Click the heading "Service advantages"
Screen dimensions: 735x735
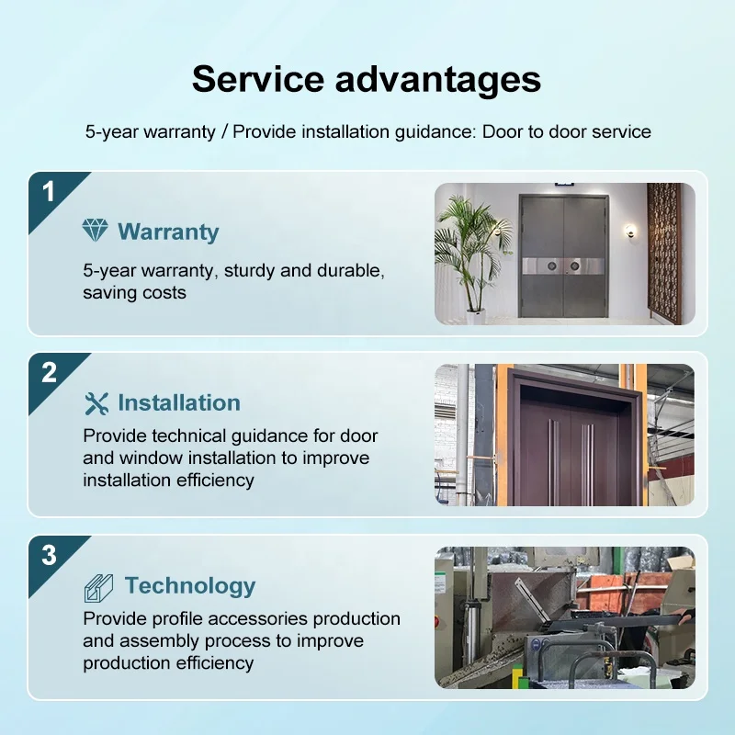[x=367, y=80]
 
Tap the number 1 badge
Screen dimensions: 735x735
[x=49, y=191]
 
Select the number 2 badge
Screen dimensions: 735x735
[x=49, y=372]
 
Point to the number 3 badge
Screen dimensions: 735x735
[x=49, y=555]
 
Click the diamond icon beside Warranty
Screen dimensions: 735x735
[x=95, y=231]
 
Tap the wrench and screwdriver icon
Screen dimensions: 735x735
[x=96, y=403]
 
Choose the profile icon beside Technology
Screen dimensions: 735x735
[x=98, y=586]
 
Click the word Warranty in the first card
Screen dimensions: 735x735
[x=168, y=232]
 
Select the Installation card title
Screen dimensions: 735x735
[x=179, y=403]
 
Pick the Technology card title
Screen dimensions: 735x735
[x=190, y=586]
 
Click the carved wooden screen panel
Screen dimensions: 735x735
[x=664, y=253]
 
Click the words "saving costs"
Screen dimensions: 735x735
[x=134, y=293]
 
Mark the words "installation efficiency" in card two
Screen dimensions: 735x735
[x=168, y=480]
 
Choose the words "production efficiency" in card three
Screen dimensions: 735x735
[x=168, y=662]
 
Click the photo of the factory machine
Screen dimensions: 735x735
[x=564, y=617]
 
